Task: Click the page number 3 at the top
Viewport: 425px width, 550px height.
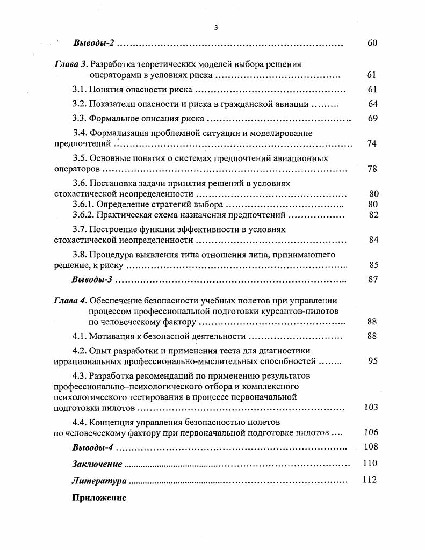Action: pyautogui.click(x=215, y=27)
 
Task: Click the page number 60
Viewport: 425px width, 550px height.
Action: pyautogui.click(x=372, y=43)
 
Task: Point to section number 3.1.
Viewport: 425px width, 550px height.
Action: pyautogui.click(x=80, y=90)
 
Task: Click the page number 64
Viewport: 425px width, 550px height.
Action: pyautogui.click(x=372, y=104)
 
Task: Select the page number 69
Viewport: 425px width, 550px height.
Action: pyautogui.click(x=372, y=119)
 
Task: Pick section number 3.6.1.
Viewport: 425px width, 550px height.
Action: pyautogui.click(x=84, y=205)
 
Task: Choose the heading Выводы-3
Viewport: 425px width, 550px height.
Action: pyautogui.click(x=92, y=280)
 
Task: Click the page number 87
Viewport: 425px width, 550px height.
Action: pyautogui.click(x=373, y=280)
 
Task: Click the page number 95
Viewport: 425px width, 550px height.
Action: pyautogui.click(x=373, y=361)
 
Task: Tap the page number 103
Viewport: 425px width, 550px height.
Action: pyautogui.click(x=371, y=407)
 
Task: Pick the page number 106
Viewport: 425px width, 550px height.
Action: pyautogui.click(x=371, y=432)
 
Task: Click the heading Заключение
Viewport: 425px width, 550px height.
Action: pyautogui.click(x=97, y=464)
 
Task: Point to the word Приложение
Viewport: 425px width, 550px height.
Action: pyautogui.click(x=99, y=498)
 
